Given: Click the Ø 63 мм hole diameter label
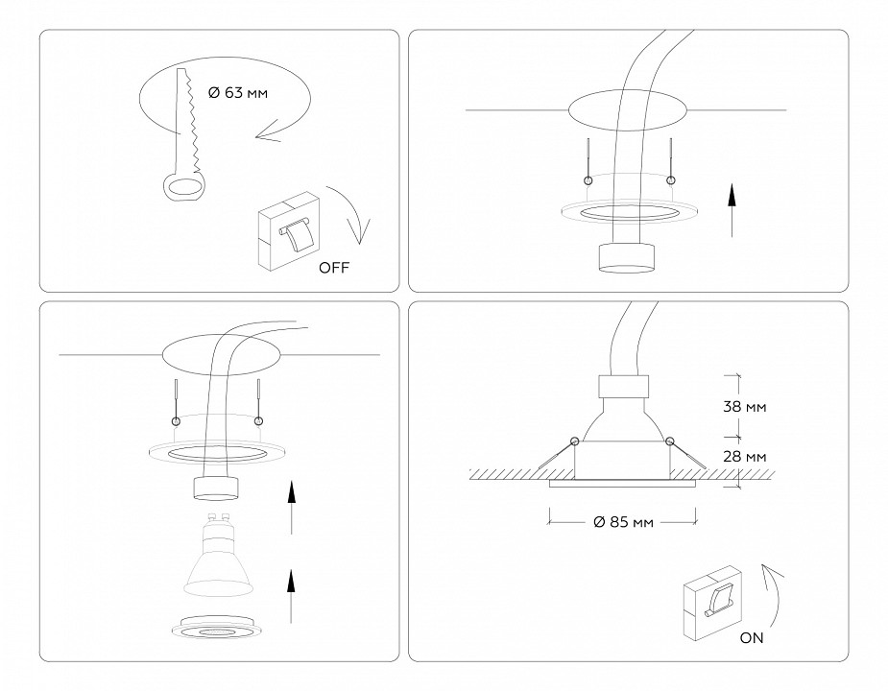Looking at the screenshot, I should [x=239, y=93].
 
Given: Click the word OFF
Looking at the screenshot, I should [x=334, y=268].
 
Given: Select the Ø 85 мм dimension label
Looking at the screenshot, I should [x=623, y=522].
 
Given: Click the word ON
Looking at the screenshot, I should [x=754, y=637].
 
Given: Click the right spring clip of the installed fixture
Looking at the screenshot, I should [x=686, y=455].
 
